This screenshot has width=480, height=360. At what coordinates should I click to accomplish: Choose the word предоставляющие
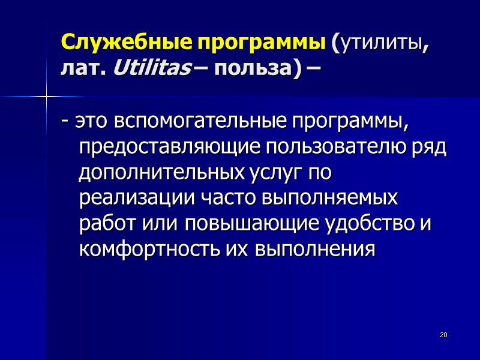coord(166,148)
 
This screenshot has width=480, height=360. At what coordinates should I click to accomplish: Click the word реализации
coord(131,198)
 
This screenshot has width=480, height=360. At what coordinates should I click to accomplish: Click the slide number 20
coord(444,334)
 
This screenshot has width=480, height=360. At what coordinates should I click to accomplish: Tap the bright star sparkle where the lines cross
coord(46,95)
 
